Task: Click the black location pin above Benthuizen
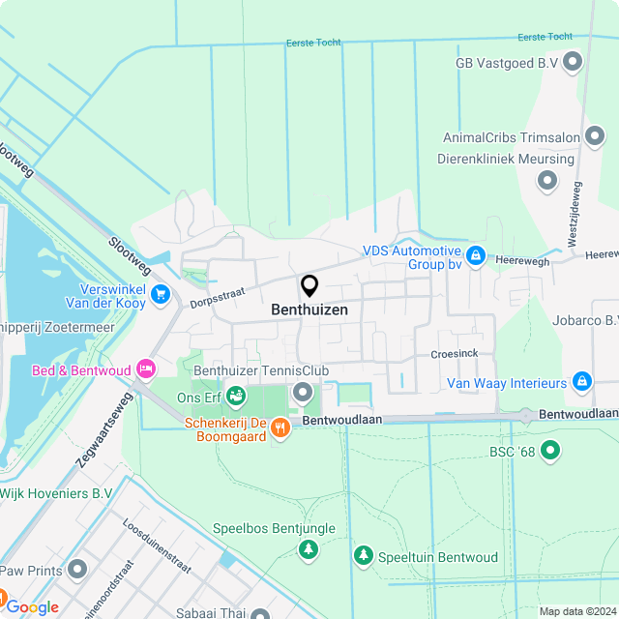click(x=309, y=285)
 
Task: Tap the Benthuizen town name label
click(x=309, y=310)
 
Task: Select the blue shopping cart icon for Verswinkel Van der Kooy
click(x=161, y=293)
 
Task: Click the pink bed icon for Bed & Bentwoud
click(x=145, y=368)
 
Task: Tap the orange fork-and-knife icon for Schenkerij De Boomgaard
click(x=280, y=427)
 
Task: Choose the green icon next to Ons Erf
click(x=236, y=397)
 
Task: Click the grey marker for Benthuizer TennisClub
click(x=303, y=392)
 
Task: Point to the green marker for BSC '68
click(x=550, y=450)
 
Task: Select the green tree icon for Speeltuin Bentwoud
click(x=363, y=555)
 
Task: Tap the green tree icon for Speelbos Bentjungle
click(x=308, y=549)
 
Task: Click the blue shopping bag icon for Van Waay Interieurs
click(x=581, y=382)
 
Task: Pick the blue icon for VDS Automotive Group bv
click(x=475, y=255)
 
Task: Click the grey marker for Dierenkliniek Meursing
click(x=547, y=179)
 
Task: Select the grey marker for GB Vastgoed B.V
click(x=573, y=63)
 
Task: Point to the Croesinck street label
click(x=455, y=354)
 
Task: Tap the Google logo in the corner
click(x=32, y=606)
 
